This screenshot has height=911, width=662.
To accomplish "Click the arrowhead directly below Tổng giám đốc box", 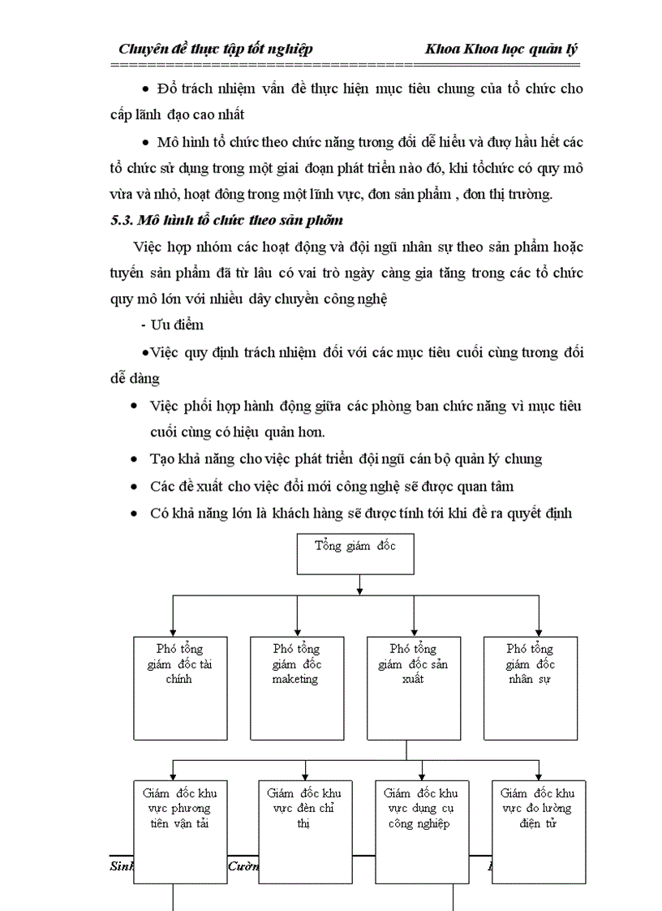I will point(359,591).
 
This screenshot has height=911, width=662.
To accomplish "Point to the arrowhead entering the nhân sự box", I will point(537,632).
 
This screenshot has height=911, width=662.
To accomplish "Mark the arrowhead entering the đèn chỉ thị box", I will point(304,776).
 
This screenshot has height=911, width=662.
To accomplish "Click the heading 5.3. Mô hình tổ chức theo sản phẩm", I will point(226,220).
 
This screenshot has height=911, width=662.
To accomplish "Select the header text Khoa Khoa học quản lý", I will point(501,49).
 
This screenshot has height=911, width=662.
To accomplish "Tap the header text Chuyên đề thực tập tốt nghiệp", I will point(215,49).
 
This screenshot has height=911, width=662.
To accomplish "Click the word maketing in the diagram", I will point(295,680).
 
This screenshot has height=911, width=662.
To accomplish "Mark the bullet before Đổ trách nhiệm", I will point(146,88).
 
